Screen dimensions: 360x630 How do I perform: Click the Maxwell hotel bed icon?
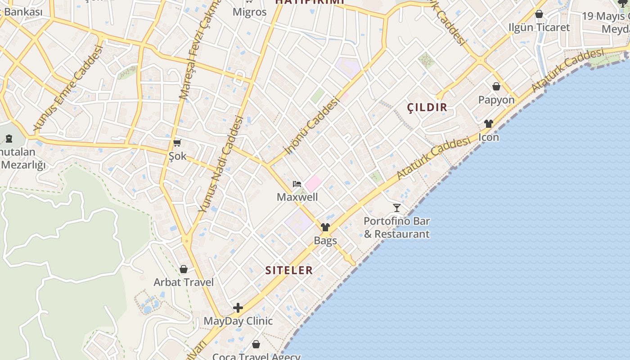[297, 184]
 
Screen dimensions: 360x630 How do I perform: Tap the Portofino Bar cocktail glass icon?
[397, 207]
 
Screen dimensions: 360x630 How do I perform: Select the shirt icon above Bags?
[325, 227]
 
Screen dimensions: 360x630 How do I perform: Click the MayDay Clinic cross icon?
[238, 308]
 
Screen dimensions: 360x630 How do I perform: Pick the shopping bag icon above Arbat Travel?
[184, 269]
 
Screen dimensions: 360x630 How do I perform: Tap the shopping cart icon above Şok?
[177, 143]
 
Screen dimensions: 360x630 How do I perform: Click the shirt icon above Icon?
[489, 124]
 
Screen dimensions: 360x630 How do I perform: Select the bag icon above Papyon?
[496, 86]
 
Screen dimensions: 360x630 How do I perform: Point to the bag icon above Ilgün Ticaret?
[539, 14]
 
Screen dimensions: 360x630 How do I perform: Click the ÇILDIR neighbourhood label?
[427, 107]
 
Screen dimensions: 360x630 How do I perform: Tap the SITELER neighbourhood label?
[289, 270]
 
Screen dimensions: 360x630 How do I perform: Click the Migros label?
[249, 12]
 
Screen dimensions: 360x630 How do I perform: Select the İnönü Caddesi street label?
[311, 126]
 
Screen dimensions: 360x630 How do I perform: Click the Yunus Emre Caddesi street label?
[68, 88]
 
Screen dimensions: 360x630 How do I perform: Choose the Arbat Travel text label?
[184, 282]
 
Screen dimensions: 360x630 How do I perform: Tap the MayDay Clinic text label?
[238, 321]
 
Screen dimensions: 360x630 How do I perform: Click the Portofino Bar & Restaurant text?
[396, 228]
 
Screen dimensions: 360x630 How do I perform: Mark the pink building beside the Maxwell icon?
[314, 183]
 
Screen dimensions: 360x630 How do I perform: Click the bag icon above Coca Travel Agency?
[256, 344]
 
